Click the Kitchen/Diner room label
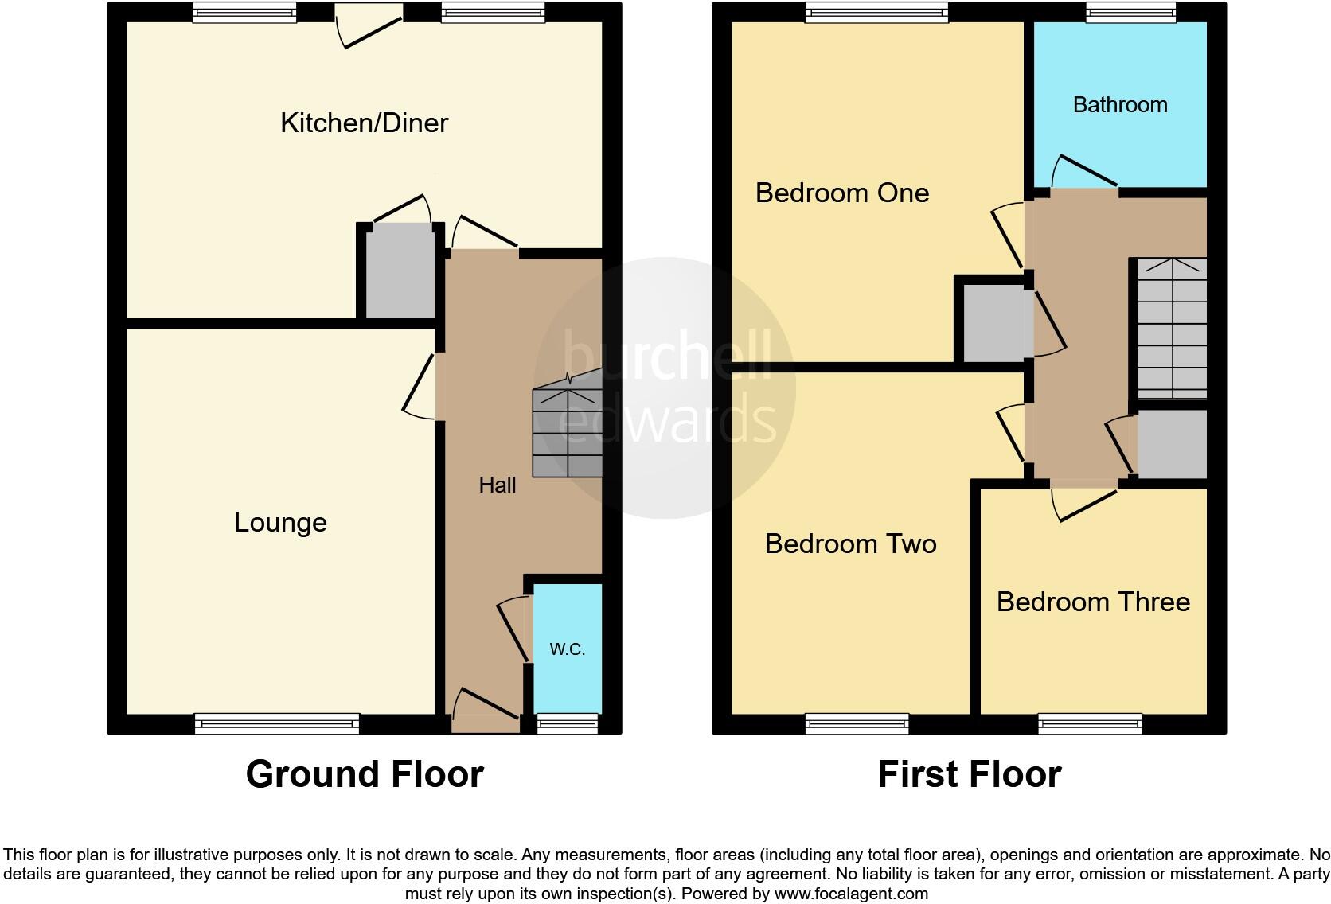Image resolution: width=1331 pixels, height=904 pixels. [x=365, y=123]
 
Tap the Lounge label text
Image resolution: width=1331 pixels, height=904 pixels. [x=280, y=522]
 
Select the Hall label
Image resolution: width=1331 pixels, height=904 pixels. [x=498, y=485]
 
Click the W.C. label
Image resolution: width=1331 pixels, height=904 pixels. [x=567, y=649]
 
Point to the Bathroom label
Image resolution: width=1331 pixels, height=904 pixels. [x=1120, y=104]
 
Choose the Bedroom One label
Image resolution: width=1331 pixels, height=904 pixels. [x=842, y=193]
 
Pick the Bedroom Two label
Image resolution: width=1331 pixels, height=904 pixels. [x=850, y=544]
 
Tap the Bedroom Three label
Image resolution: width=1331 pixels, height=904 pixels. [x=1093, y=602]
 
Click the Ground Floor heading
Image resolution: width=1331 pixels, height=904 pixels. [x=365, y=774]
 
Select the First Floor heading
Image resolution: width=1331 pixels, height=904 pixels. [x=969, y=774]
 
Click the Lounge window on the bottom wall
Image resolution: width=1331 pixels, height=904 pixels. [x=277, y=723]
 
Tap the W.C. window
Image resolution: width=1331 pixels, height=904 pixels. [x=567, y=723]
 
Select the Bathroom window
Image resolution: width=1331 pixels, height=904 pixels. [x=1131, y=12]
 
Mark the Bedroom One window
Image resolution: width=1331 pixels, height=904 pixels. [x=876, y=12]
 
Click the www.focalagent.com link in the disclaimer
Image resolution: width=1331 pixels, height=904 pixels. [x=851, y=894]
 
